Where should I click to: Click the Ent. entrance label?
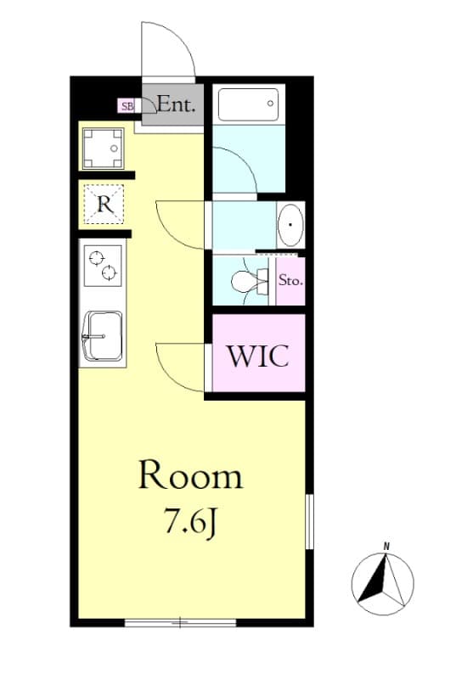[177, 106]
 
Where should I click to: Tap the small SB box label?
[127, 106]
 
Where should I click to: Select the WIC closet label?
[257, 355]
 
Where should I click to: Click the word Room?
[190, 476]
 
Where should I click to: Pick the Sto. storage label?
[290, 279]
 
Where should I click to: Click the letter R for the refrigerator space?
[104, 205]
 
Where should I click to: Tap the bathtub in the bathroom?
[248, 105]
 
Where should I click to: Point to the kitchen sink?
[102, 336]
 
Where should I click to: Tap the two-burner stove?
[103, 264]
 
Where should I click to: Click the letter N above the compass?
[386, 546]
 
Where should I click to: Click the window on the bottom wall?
[180, 623]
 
